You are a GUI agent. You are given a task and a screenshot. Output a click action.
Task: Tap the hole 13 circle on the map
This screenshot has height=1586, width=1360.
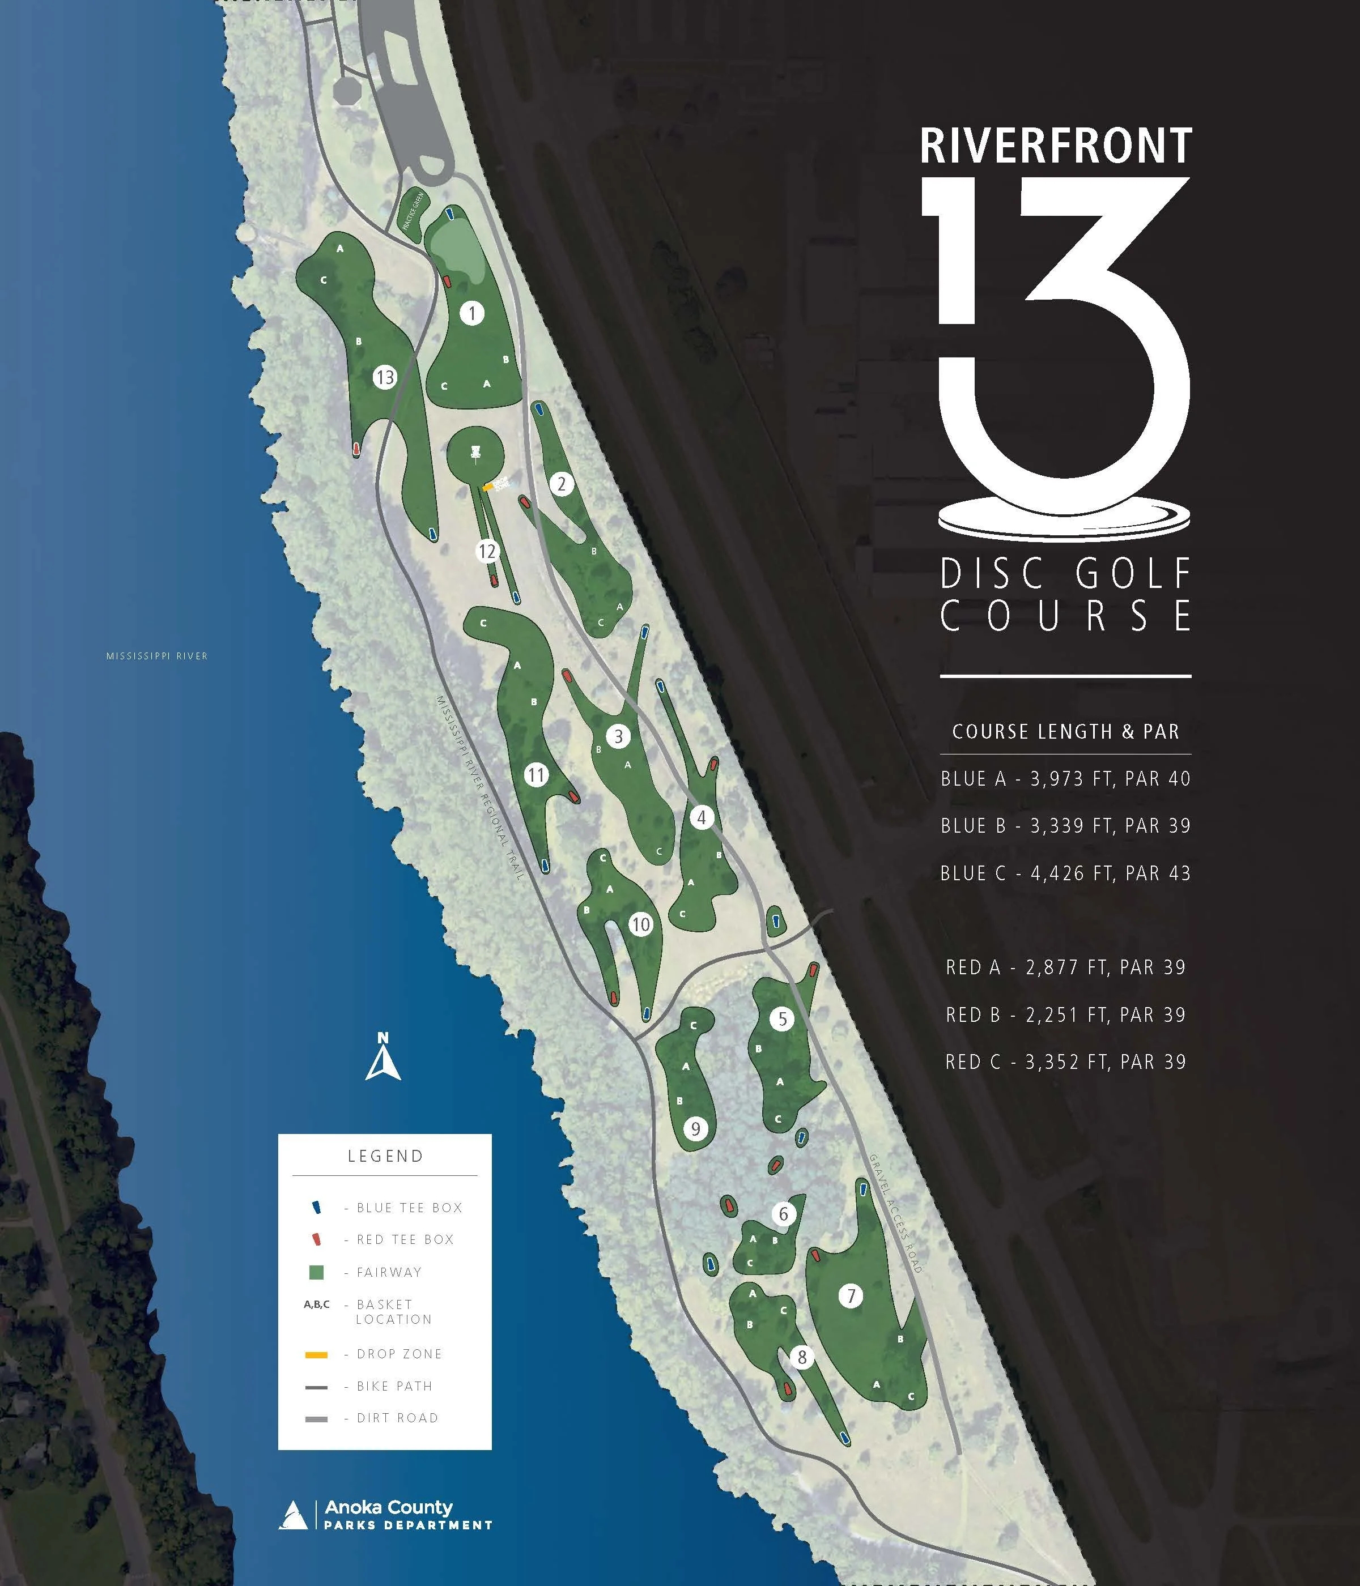(384, 377)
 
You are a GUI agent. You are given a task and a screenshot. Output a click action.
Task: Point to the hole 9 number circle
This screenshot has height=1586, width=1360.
(695, 1128)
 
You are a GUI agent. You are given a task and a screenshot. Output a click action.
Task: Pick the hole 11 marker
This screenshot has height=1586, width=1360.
(536, 775)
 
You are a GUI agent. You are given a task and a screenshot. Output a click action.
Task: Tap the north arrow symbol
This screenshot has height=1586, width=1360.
(383, 1057)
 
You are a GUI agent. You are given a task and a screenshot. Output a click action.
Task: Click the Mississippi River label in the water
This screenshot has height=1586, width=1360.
(157, 656)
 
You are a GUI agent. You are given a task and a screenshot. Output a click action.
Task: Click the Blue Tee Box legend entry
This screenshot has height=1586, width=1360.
(409, 1208)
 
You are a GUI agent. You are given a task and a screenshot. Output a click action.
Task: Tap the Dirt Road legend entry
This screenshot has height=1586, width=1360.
(397, 1418)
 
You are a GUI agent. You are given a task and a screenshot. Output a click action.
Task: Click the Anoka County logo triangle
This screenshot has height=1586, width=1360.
(292, 1514)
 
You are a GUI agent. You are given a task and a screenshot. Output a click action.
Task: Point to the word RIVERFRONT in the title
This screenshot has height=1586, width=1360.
(1056, 146)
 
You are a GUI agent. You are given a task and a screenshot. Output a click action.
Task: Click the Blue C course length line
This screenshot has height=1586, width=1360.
(1065, 873)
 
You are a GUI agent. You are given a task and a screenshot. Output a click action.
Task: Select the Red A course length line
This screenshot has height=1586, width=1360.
(1065, 967)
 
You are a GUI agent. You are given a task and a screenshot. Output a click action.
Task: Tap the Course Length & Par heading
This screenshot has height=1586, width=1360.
(1065, 732)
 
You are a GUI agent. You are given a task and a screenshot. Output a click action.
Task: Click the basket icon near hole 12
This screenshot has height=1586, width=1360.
(475, 453)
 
